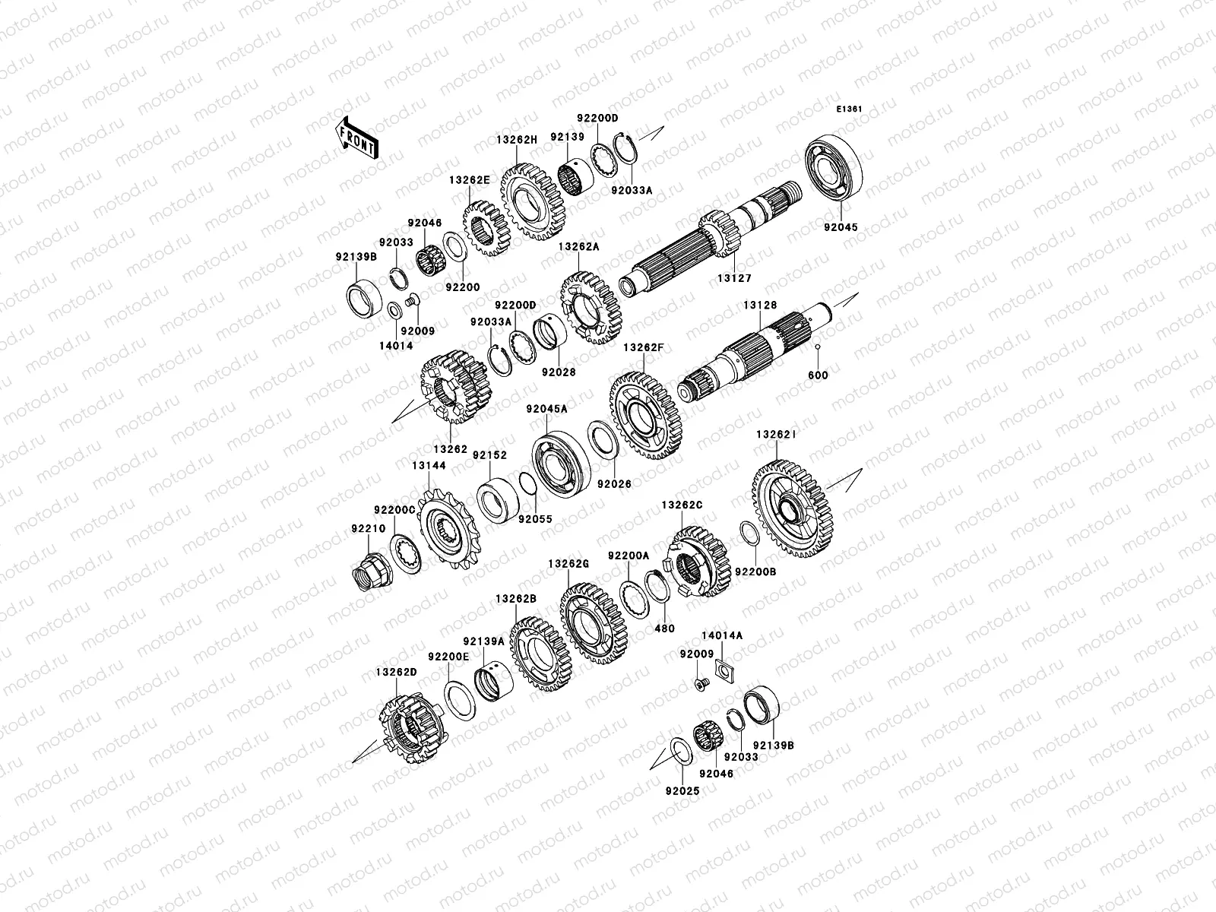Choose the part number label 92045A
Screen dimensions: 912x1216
pos(546,409)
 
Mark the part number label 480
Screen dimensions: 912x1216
pos(664,629)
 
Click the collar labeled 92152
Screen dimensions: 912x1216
pos(499,499)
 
